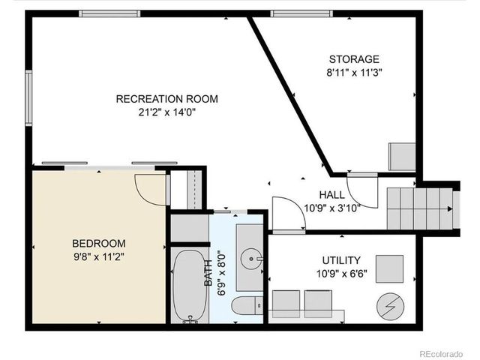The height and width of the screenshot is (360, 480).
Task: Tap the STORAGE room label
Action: pos(354,59)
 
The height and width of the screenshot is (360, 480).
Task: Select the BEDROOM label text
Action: pos(98,243)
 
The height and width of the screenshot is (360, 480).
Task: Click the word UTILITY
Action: pos(340,259)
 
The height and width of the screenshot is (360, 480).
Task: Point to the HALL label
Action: pos(331,195)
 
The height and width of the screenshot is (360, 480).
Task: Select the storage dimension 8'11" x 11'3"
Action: pos(354,73)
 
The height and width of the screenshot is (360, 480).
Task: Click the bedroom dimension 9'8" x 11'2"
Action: pos(98,256)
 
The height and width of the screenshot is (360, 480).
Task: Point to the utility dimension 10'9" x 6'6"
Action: pos(340,273)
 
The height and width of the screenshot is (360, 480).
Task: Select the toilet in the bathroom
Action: pos(247,305)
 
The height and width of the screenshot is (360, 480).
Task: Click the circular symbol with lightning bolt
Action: pos(389,305)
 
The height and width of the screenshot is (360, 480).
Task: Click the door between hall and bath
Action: pos(285,214)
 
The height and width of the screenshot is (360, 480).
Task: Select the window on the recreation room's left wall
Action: pos(29,97)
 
